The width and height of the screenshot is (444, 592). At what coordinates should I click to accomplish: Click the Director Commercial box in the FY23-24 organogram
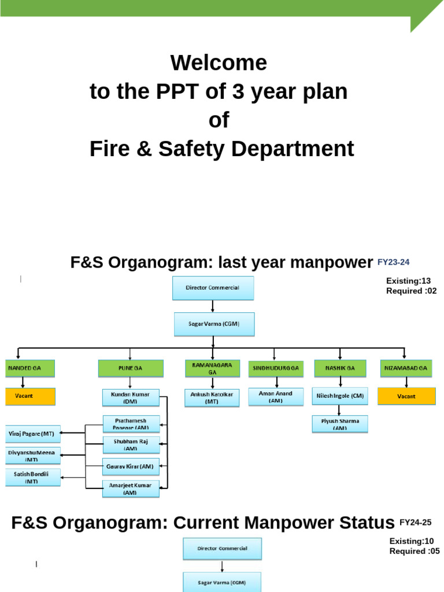(x=213, y=288)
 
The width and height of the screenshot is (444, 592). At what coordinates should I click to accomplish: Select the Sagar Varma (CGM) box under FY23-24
(x=213, y=324)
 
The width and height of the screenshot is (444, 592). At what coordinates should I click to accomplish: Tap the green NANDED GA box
(x=29, y=368)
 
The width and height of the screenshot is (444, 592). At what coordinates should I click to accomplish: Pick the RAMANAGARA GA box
(x=212, y=368)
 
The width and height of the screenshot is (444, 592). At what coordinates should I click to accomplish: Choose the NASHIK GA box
(x=340, y=368)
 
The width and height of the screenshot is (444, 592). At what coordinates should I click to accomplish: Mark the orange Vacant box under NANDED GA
(x=30, y=397)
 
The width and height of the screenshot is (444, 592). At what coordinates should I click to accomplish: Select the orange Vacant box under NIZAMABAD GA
(x=406, y=397)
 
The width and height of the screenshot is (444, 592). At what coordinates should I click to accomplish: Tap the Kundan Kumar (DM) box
(x=131, y=397)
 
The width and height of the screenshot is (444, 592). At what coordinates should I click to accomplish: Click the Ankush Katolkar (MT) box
(x=212, y=398)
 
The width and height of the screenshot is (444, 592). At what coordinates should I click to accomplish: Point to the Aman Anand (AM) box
(x=276, y=397)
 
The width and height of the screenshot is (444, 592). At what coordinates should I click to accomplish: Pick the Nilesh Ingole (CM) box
(x=339, y=397)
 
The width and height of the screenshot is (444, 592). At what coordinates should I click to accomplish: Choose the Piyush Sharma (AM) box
(x=339, y=424)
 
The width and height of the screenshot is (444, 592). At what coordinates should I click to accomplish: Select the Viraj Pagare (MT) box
(x=32, y=433)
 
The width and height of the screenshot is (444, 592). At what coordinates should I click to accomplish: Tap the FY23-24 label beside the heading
(x=393, y=262)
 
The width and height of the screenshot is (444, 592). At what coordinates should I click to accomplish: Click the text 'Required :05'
(x=415, y=551)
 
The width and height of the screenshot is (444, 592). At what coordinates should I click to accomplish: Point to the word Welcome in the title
(x=219, y=62)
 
